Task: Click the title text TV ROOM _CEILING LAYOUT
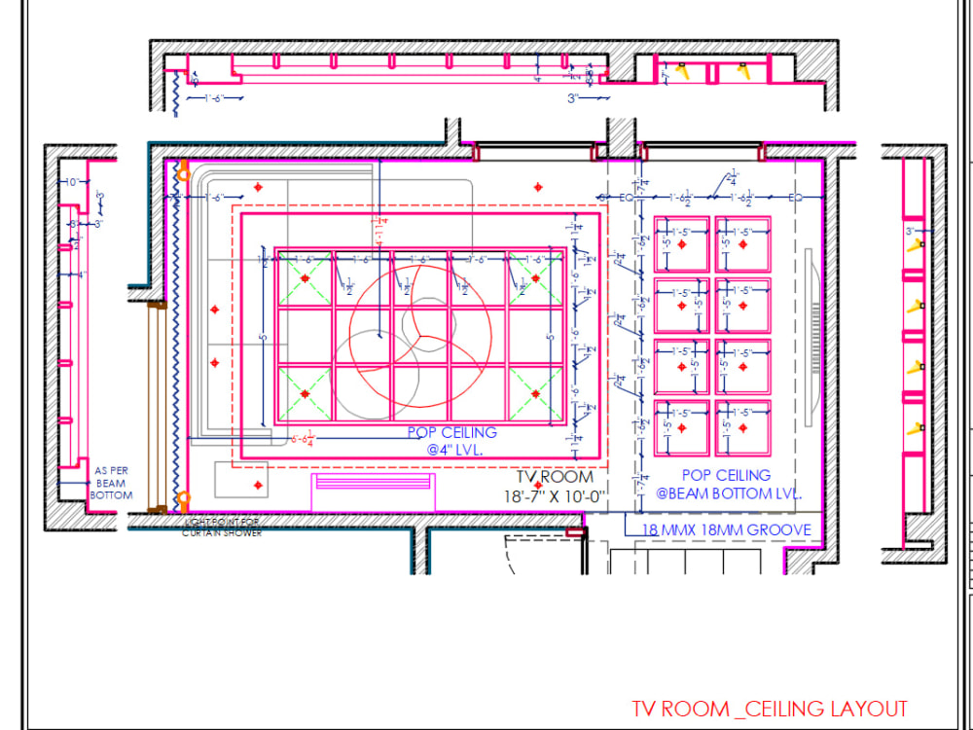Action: [x=769, y=709]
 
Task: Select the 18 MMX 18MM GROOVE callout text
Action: [x=726, y=529]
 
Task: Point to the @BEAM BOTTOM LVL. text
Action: [x=727, y=493]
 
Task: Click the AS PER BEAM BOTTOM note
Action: [x=110, y=483]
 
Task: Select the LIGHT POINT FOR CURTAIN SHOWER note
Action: [x=222, y=528]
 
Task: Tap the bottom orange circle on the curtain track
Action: [x=182, y=501]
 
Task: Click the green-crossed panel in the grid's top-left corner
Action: [x=306, y=278]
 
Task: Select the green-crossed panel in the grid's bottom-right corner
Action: [x=534, y=394]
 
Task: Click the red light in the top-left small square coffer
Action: [x=683, y=244]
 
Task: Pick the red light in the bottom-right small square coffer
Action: [x=744, y=428]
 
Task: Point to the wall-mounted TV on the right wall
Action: [x=814, y=336]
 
